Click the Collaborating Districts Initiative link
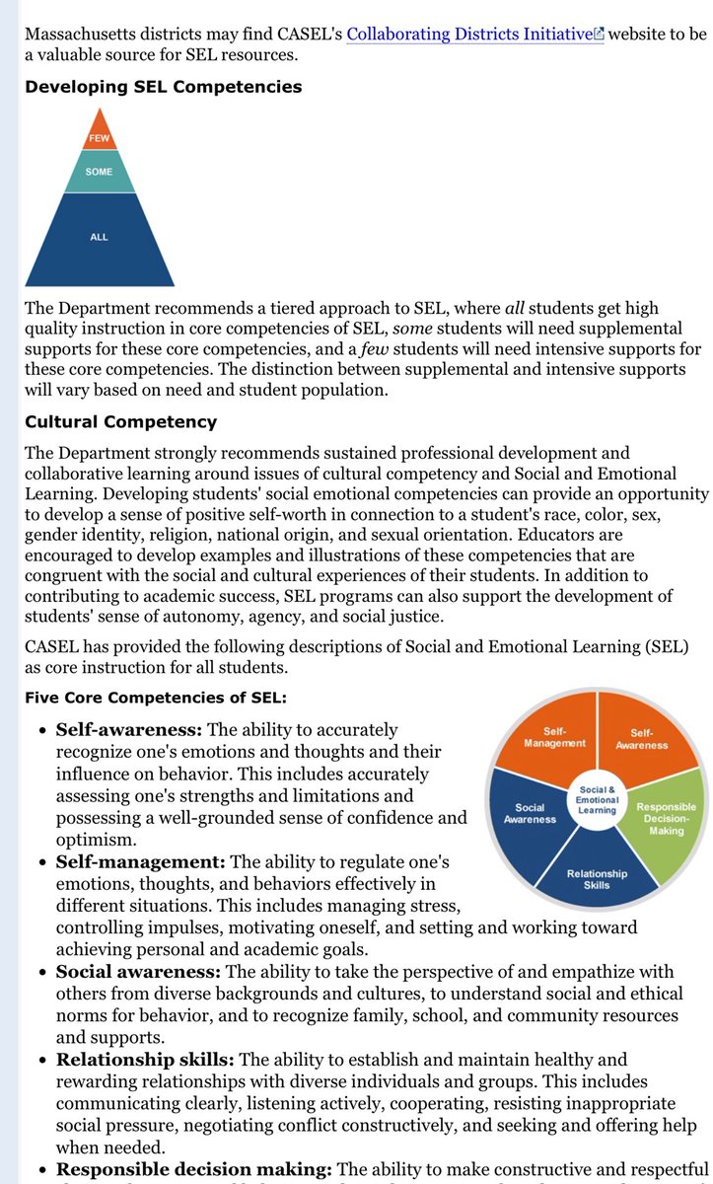click(x=469, y=34)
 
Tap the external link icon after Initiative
click(x=599, y=35)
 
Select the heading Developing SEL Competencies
click(x=164, y=87)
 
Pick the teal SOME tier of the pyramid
click(x=99, y=172)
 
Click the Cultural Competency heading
click(x=121, y=421)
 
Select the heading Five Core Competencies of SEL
click(x=156, y=698)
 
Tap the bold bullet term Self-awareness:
click(x=128, y=730)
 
